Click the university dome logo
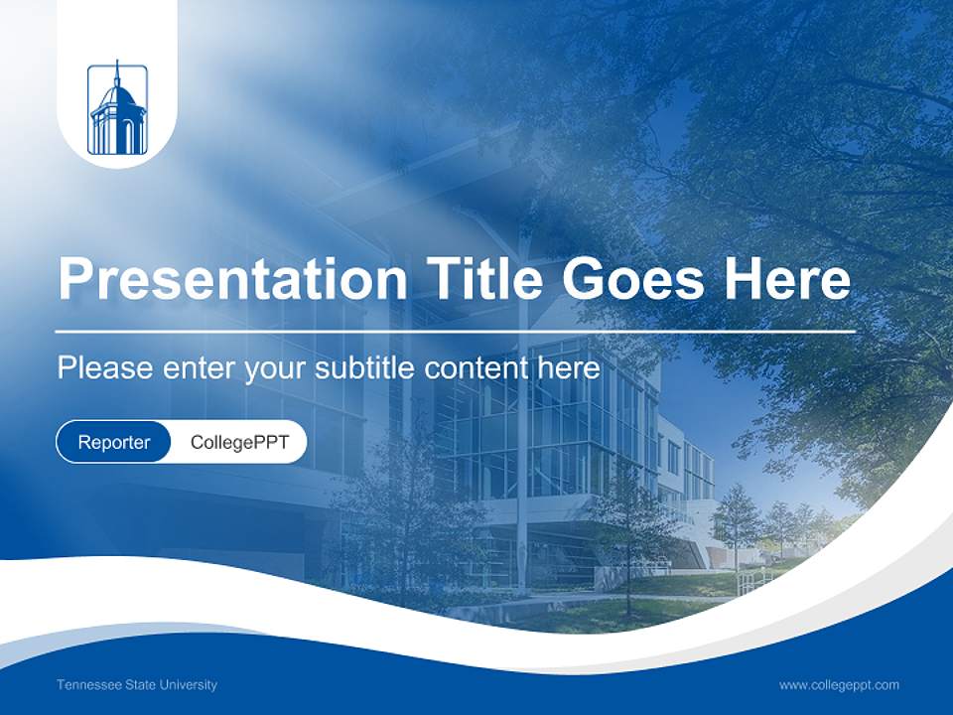click(x=117, y=110)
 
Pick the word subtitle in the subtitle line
click(x=365, y=368)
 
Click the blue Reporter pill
click(x=113, y=442)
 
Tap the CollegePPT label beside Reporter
click(x=239, y=442)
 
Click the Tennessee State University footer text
click(x=137, y=685)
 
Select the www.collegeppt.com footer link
click(x=839, y=685)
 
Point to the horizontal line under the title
click(x=456, y=331)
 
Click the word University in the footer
click(x=190, y=685)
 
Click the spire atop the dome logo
click(x=117, y=72)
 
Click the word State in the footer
click(x=141, y=685)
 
